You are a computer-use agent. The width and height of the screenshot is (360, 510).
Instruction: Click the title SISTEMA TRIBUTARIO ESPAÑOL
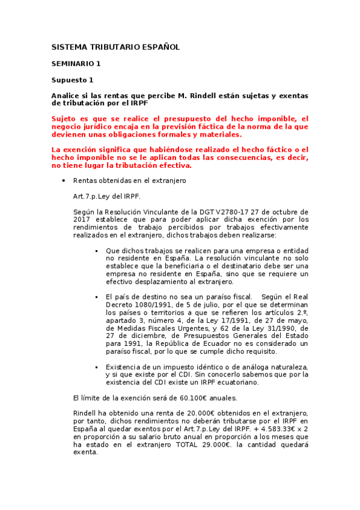[115, 47]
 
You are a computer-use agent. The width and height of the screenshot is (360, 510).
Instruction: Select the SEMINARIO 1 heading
[76, 63]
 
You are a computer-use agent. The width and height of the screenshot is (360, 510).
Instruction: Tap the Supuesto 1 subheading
[72, 79]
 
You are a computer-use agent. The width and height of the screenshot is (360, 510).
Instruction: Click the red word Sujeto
[65, 119]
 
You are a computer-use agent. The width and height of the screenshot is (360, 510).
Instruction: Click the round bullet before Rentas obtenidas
[64, 180]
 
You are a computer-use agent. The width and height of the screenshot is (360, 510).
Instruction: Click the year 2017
[81, 220]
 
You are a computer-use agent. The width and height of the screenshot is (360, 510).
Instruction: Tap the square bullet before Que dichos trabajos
[96, 250]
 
